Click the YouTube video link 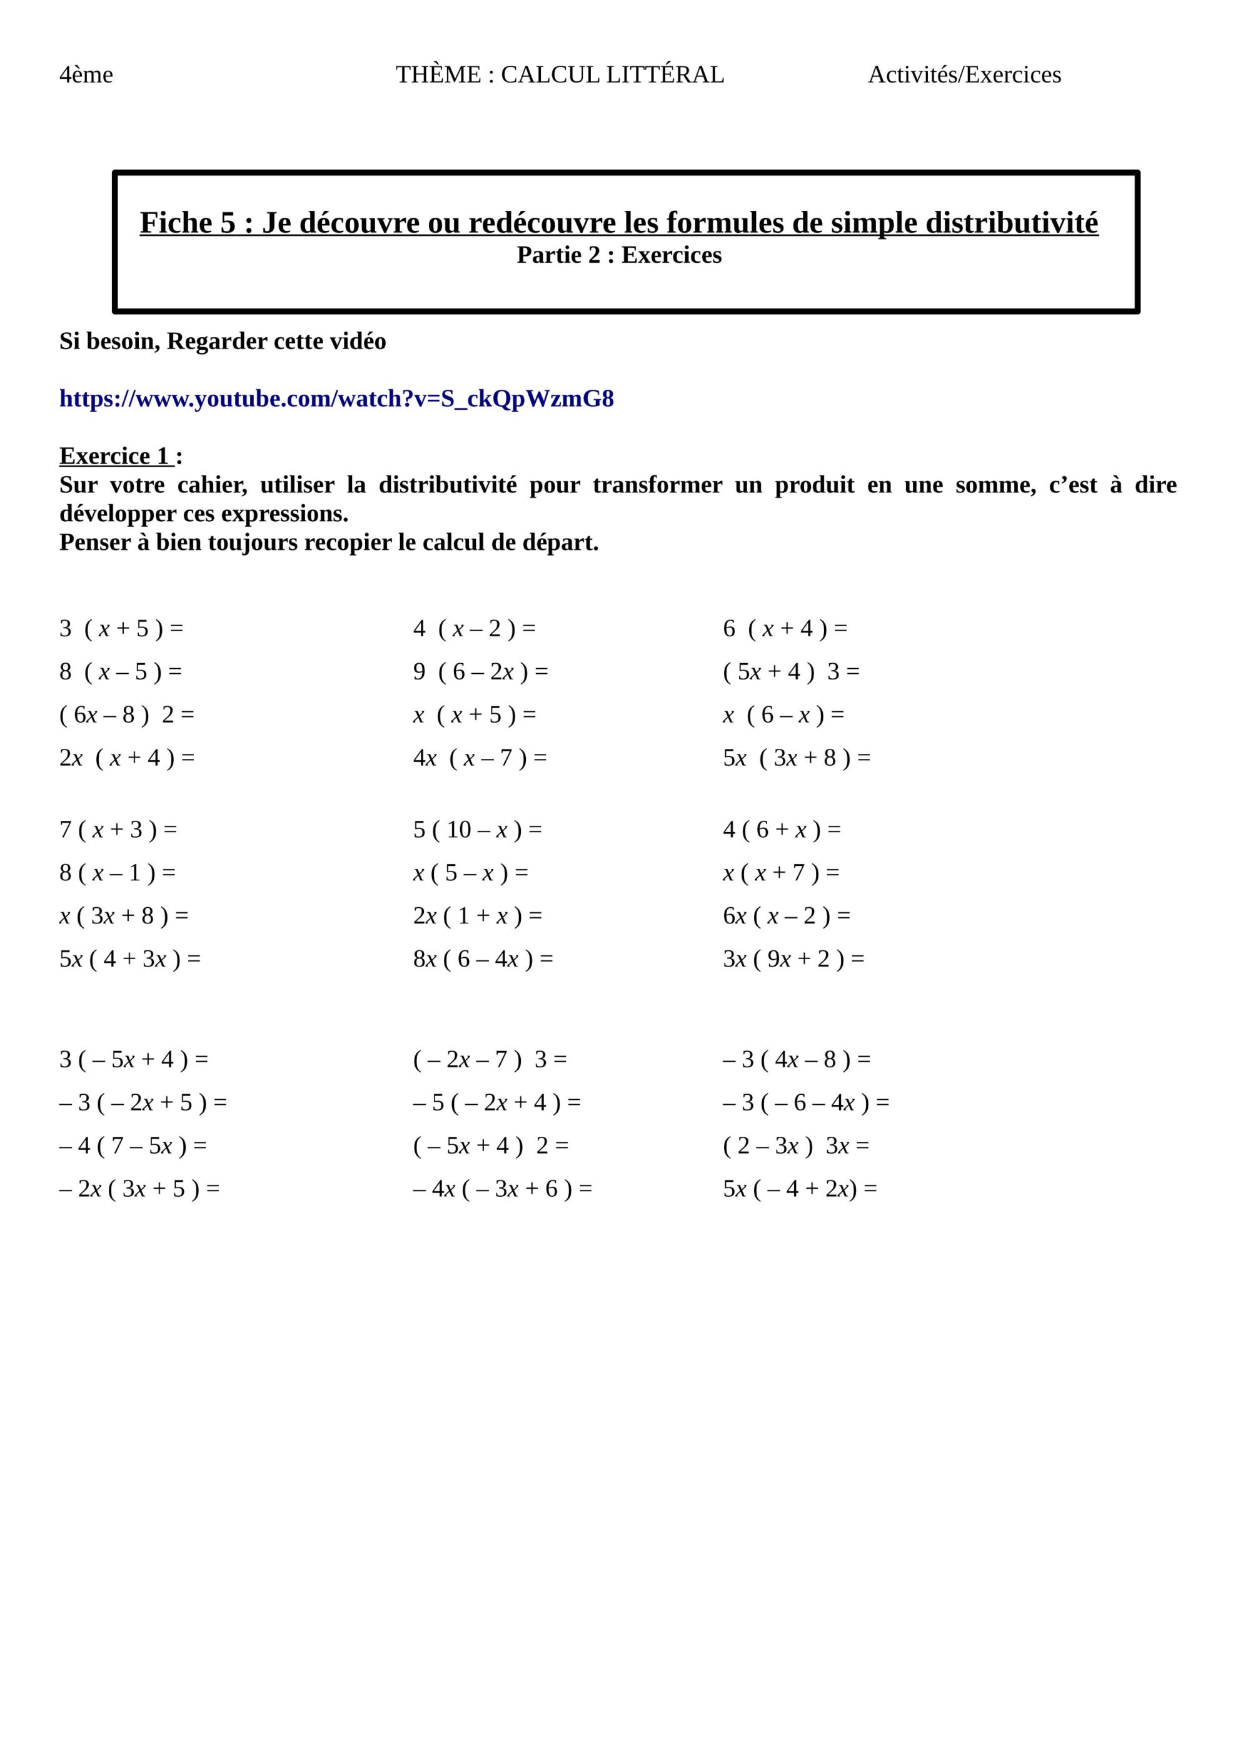point(336,399)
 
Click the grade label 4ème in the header point(86,75)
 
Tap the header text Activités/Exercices point(964,75)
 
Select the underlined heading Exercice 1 point(114,456)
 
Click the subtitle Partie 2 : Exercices point(618,255)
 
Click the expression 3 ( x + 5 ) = point(121,629)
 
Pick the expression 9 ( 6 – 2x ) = point(480,672)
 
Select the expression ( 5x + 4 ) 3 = point(791,672)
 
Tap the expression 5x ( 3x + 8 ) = point(796,758)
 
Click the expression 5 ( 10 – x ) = point(477,830)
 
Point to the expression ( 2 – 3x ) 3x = point(795,1146)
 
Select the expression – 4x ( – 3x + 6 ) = point(502,1189)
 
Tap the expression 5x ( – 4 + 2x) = point(799,1189)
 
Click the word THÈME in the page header point(439,75)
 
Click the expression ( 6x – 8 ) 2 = point(127,715)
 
